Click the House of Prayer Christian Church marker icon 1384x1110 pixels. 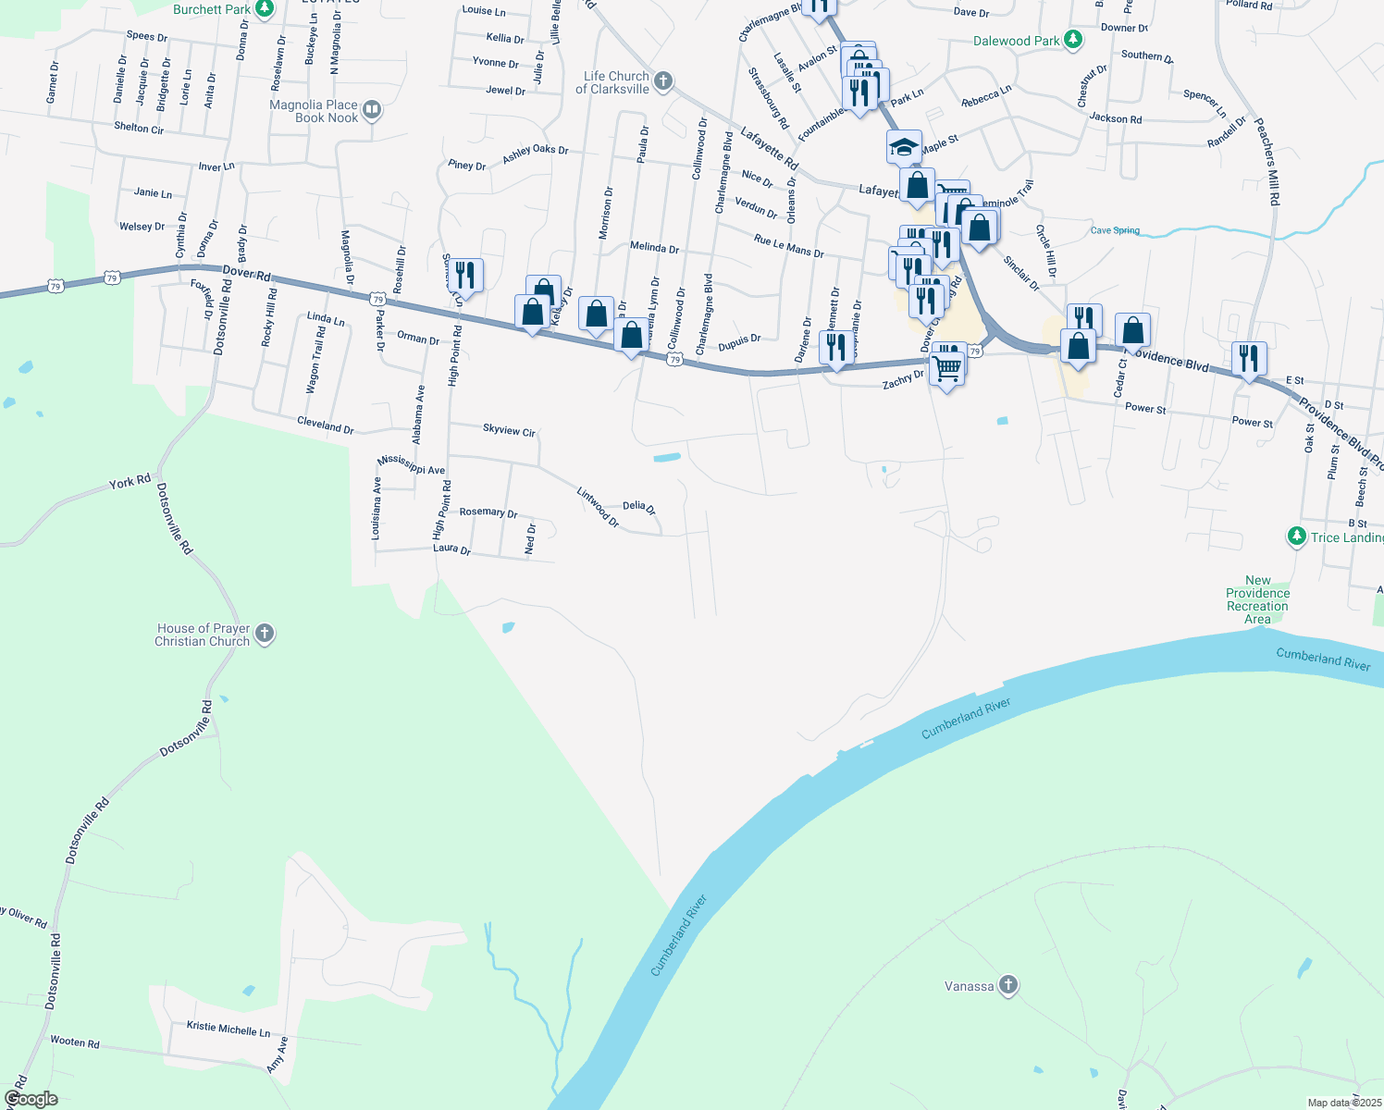(265, 634)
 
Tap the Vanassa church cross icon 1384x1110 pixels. (1008, 985)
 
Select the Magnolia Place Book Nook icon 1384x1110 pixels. (372, 111)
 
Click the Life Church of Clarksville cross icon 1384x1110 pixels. (662, 81)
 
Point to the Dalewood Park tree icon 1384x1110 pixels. (1073, 40)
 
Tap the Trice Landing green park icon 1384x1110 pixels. (1297, 536)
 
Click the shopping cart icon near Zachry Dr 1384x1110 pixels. (946, 368)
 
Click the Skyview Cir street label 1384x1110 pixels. (509, 430)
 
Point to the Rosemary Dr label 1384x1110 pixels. (488, 512)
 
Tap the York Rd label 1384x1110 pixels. (130, 483)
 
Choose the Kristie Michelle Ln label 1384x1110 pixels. (229, 1029)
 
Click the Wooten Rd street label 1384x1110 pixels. (75, 1042)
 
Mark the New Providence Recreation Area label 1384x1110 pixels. (1257, 599)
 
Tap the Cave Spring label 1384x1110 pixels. (1115, 230)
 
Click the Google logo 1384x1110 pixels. (31, 1099)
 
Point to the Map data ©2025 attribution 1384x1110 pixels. (1344, 1103)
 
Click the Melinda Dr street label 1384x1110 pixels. (654, 248)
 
